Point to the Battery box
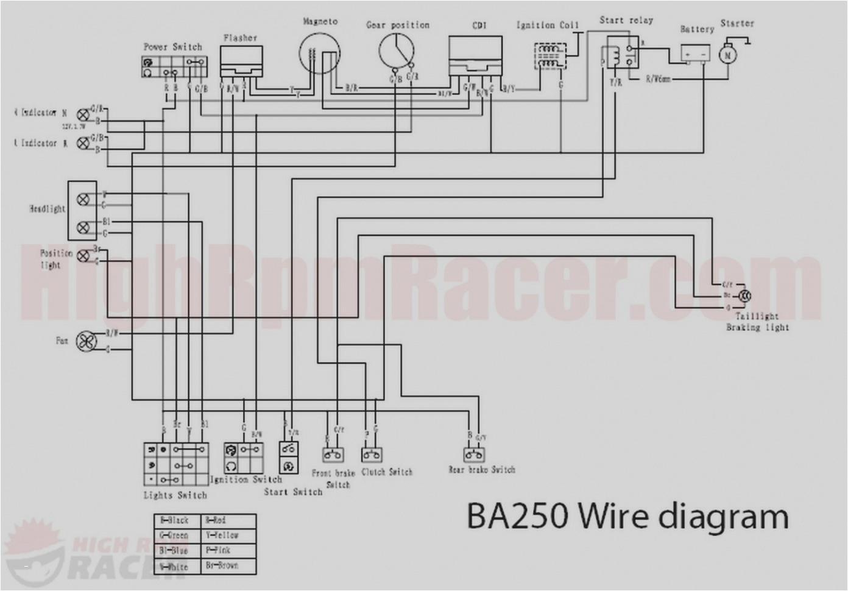[x=695, y=54]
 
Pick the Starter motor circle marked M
[x=727, y=55]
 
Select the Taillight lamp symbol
[x=744, y=296]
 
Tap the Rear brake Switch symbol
[x=474, y=455]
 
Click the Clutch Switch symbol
[x=371, y=455]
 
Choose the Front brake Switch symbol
[x=333, y=455]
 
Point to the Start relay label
[x=626, y=20]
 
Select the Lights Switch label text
[x=175, y=495]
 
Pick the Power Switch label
[x=173, y=46]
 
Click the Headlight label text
[x=48, y=209]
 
